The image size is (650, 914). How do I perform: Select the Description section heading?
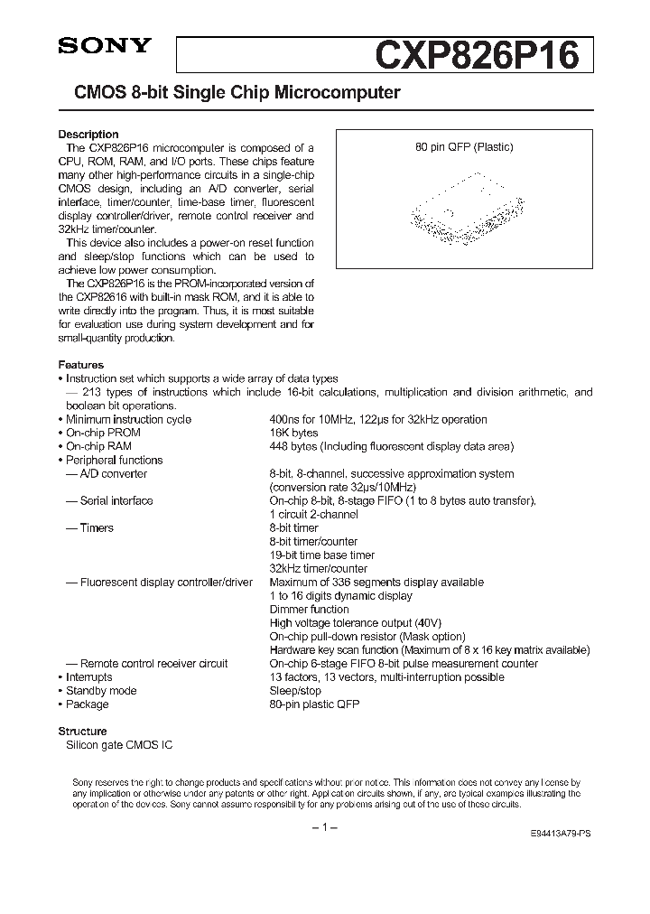coord(88,135)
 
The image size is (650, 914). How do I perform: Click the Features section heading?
coord(80,365)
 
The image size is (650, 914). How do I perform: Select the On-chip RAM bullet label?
coord(98,446)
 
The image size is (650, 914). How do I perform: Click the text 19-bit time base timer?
coord(321,555)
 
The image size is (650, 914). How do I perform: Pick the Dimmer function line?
coord(309,610)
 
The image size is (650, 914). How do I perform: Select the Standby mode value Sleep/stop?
coord(295,691)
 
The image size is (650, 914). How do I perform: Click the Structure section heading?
coord(82,731)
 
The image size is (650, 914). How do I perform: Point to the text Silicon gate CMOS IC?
coord(118,744)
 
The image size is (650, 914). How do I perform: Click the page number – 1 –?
coord(324,828)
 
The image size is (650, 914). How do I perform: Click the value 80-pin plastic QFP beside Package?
coord(314,704)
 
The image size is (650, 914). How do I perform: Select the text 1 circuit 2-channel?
coord(313,514)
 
